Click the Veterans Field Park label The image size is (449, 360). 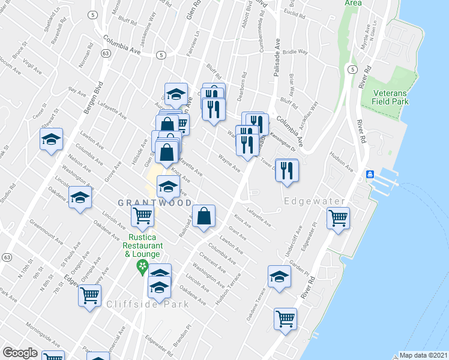pos(390,98)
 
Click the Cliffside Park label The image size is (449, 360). pos(148,304)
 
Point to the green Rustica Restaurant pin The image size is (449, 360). pos(142,266)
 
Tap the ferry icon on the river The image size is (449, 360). pos(370,174)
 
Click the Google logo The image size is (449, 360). pos(20,353)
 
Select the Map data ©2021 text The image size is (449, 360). pos(424,355)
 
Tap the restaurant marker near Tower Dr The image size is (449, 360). pos(287,170)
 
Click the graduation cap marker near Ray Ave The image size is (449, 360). pos(52,140)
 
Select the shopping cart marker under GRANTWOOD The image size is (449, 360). pos(142,215)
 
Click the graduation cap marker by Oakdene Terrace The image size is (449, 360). pos(279,277)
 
